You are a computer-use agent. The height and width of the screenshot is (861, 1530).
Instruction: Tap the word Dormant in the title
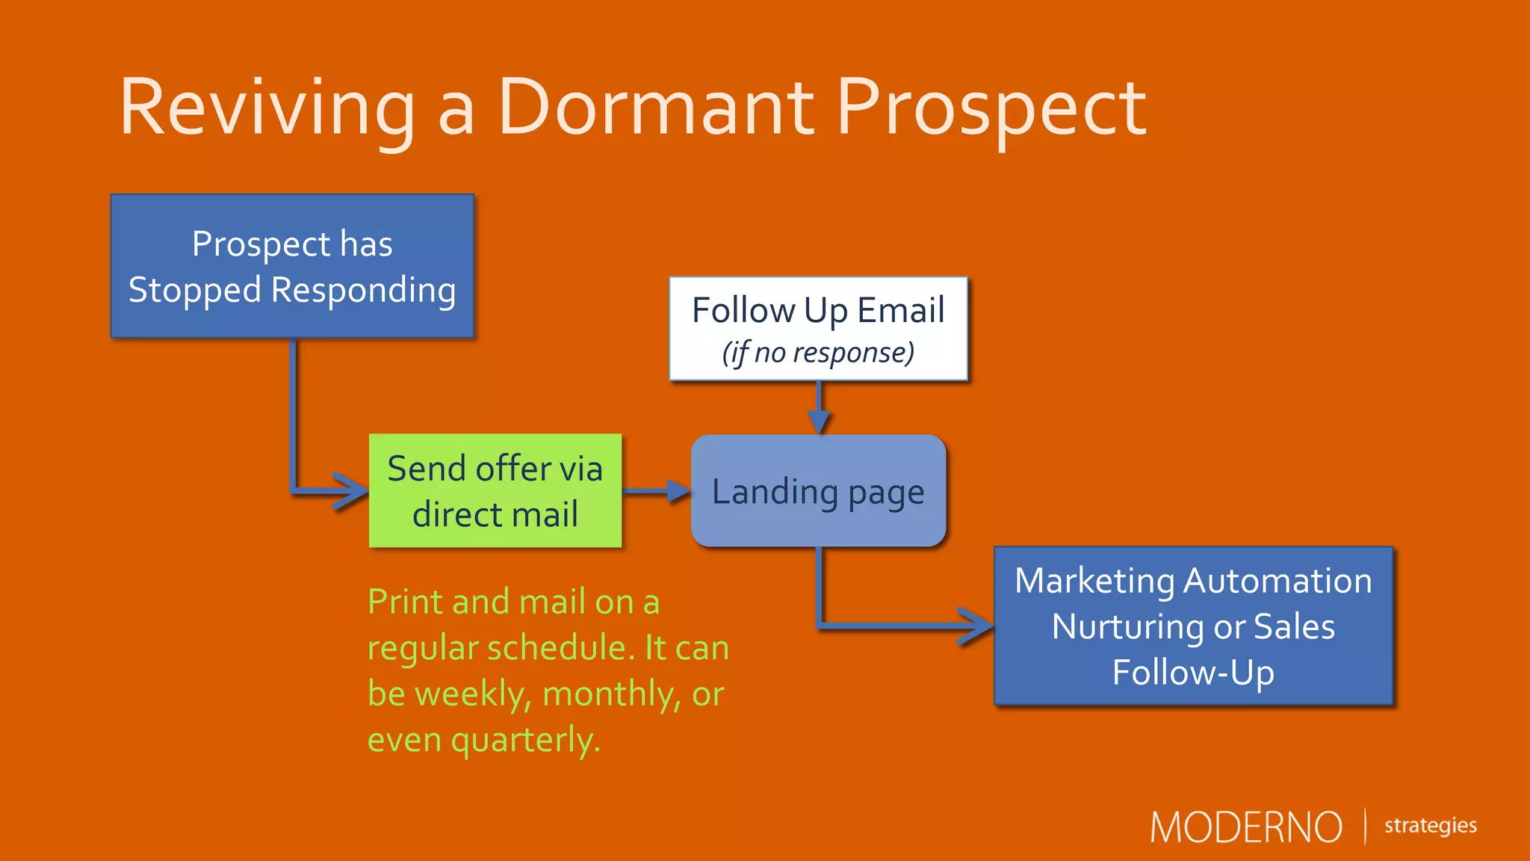pyautogui.click(x=655, y=108)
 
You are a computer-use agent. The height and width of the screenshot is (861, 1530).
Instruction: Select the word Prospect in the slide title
pyautogui.click(x=991, y=108)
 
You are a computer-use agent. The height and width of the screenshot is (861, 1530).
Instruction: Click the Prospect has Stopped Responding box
pyautogui.click(x=292, y=266)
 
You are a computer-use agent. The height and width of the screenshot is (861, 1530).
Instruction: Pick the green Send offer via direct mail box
pyautogui.click(x=495, y=491)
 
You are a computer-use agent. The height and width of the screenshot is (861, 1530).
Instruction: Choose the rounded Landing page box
pyautogui.click(x=818, y=491)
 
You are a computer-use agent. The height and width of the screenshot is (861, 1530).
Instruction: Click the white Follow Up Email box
pyautogui.click(x=818, y=329)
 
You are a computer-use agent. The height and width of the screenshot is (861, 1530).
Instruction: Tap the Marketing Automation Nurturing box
pyautogui.click(x=1193, y=626)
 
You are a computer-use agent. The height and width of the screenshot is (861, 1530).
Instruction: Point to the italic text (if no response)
pyautogui.click(x=818, y=353)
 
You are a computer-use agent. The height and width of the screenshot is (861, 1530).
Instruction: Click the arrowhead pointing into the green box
pyautogui.click(x=351, y=491)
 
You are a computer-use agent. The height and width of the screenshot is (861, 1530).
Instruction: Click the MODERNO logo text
pyautogui.click(x=1245, y=827)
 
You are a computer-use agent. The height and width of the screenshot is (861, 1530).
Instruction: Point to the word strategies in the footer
pyautogui.click(x=1430, y=825)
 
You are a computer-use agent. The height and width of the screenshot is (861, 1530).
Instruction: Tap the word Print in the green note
pyautogui.click(x=403, y=602)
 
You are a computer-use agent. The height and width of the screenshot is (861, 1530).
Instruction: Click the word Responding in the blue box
pyautogui.click(x=363, y=291)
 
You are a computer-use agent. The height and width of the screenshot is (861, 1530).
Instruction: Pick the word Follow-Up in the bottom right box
pyautogui.click(x=1193, y=673)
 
